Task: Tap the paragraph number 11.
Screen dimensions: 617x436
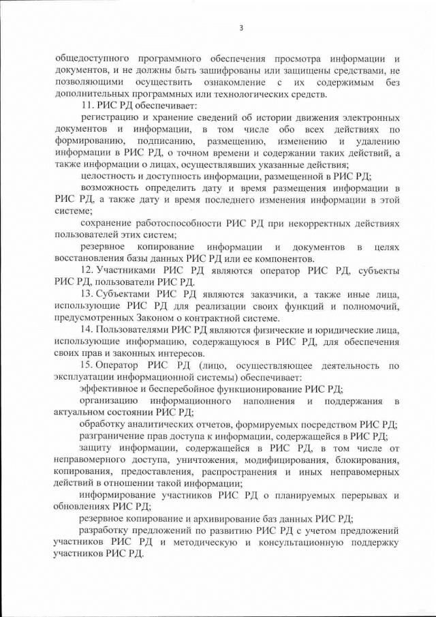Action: point(87,106)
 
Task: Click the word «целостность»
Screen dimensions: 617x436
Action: point(107,175)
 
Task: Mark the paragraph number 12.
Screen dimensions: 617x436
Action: point(87,270)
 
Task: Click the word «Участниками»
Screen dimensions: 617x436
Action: point(126,270)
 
